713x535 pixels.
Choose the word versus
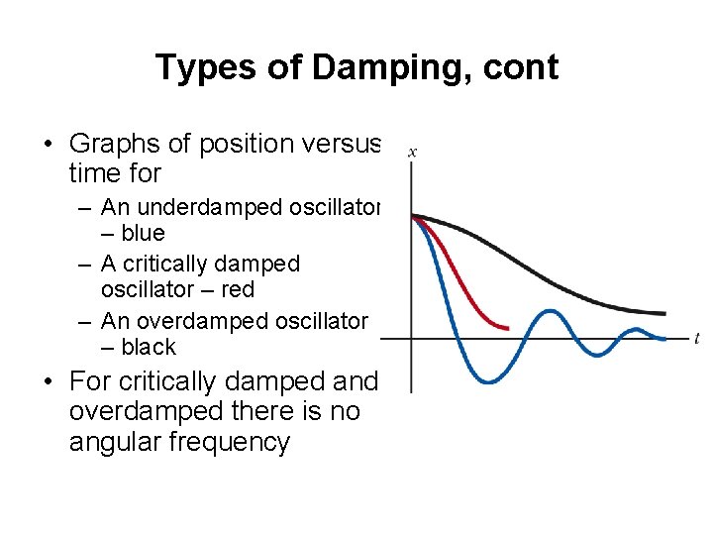(341, 144)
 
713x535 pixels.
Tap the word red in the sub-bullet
(238, 289)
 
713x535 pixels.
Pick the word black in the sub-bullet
(149, 347)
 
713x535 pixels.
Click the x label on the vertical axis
(412, 152)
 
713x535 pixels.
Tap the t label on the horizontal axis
(697, 339)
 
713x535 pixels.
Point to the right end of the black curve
(663, 314)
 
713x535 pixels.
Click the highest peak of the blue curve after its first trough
(548, 312)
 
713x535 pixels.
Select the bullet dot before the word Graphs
(47, 145)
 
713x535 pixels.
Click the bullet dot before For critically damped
(47, 382)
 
